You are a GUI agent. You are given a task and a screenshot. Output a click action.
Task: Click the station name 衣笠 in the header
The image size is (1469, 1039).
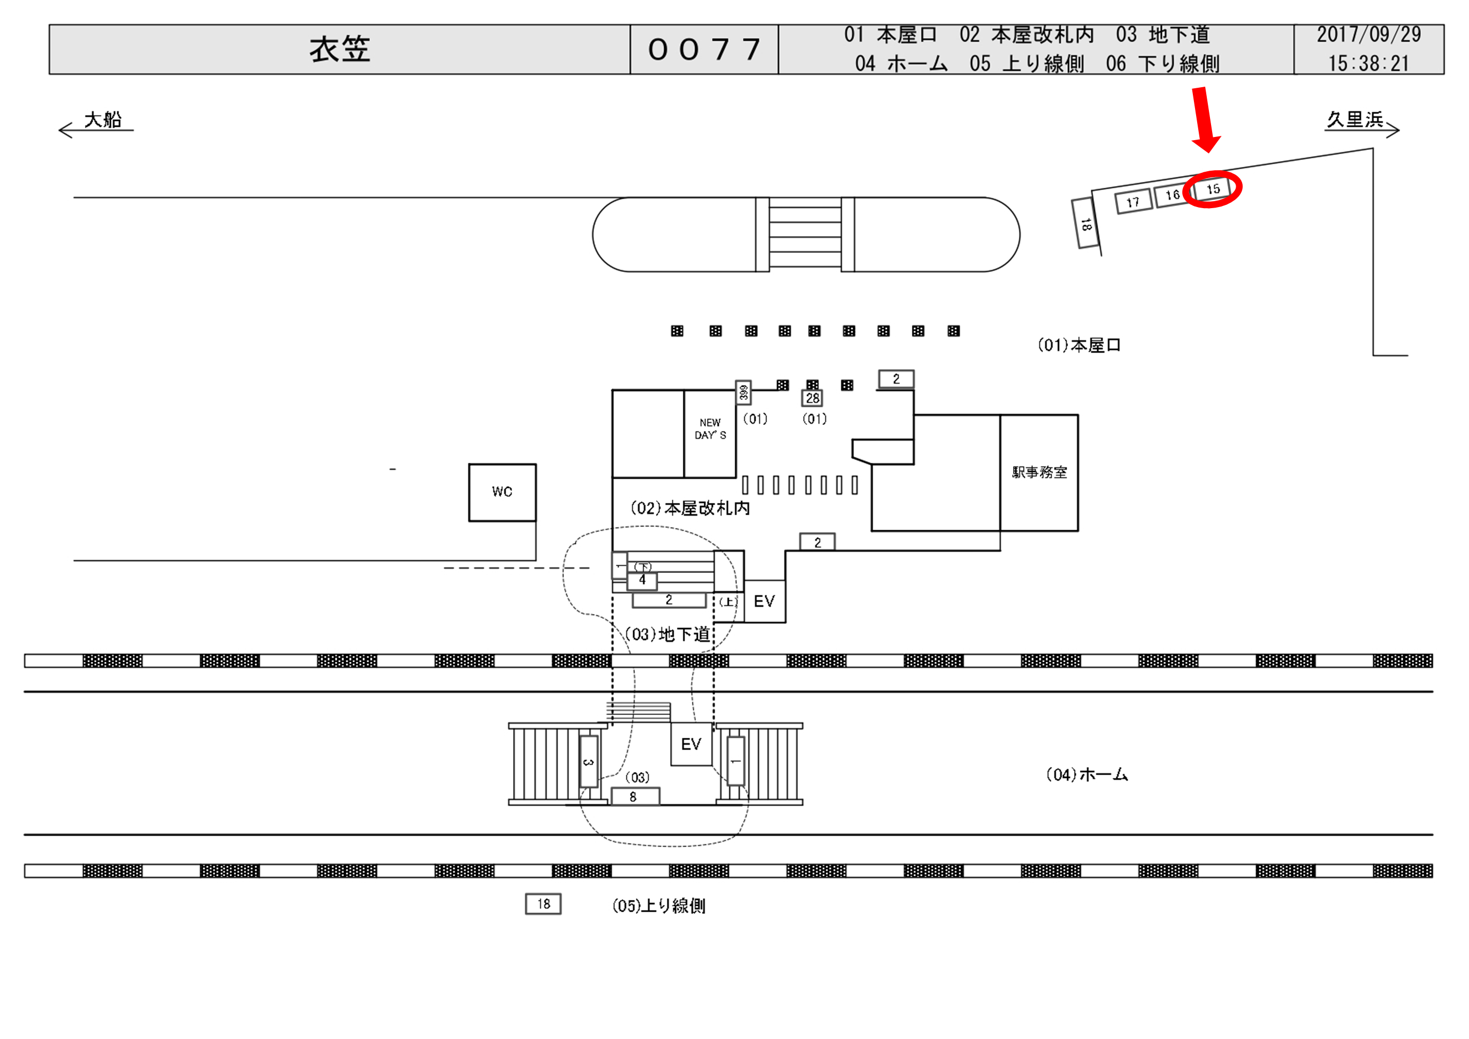coord(340,49)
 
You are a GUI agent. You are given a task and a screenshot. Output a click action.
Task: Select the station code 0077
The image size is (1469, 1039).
coord(704,49)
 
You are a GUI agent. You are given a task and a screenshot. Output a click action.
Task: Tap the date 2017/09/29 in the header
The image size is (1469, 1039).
coord(1368,35)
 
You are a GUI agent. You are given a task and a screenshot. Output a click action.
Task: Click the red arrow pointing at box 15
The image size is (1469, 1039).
coord(1204,119)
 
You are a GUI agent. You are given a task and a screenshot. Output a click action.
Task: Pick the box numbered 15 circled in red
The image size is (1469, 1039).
coord(1213,189)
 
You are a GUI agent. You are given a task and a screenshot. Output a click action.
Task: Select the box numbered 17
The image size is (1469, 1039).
coord(1133,202)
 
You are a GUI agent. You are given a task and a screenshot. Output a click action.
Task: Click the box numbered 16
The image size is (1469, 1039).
coord(1172,195)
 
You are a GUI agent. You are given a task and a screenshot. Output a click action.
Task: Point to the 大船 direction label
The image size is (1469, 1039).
coord(102,120)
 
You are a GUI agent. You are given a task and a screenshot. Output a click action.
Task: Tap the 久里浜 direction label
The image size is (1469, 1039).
coord(1354,120)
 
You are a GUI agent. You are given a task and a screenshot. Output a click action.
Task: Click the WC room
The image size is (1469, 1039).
coord(503,492)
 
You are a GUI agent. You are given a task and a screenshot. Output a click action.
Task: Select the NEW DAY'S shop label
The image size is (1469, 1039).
coord(710,429)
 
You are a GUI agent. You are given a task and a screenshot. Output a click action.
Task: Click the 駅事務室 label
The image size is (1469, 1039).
coord(1039,472)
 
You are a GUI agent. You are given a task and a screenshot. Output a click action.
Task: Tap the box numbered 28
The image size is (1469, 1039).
coord(812,398)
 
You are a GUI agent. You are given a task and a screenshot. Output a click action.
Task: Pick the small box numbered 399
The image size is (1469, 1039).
coord(743,392)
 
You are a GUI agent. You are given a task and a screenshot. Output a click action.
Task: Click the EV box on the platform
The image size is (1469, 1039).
coord(691,744)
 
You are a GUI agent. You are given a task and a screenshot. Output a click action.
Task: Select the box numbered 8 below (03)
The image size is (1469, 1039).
coord(634,797)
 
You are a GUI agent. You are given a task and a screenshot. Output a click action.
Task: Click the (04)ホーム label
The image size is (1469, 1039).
coord(1086,775)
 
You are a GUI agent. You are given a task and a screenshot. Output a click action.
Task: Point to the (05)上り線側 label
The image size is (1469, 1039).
coord(658,906)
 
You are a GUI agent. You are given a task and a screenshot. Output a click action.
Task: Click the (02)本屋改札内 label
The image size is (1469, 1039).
coord(690,509)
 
